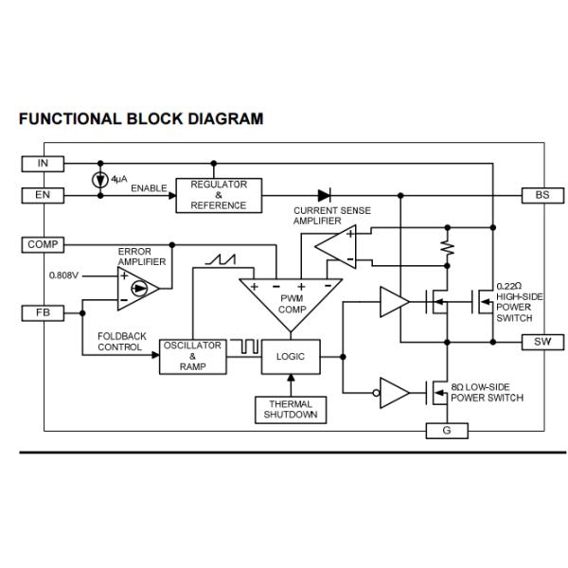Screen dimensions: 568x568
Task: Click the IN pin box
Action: point(43,164)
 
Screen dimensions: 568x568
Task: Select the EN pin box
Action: point(43,195)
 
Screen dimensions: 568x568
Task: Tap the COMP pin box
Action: point(43,245)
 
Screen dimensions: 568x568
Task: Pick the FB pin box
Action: point(43,312)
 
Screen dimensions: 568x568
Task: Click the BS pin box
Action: point(542,195)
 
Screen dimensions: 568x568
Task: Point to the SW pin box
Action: point(542,342)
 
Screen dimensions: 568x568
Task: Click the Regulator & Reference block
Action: point(219,194)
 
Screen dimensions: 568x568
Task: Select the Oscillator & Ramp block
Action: point(192,356)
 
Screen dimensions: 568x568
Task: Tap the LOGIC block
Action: point(291,357)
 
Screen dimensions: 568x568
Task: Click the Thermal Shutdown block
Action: point(291,409)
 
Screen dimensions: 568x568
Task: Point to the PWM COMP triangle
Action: point(290,302)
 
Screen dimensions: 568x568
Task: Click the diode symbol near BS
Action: point(325,195)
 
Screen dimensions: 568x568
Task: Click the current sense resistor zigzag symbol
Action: point(448,248)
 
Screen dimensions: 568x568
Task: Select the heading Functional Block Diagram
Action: point(140,119)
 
